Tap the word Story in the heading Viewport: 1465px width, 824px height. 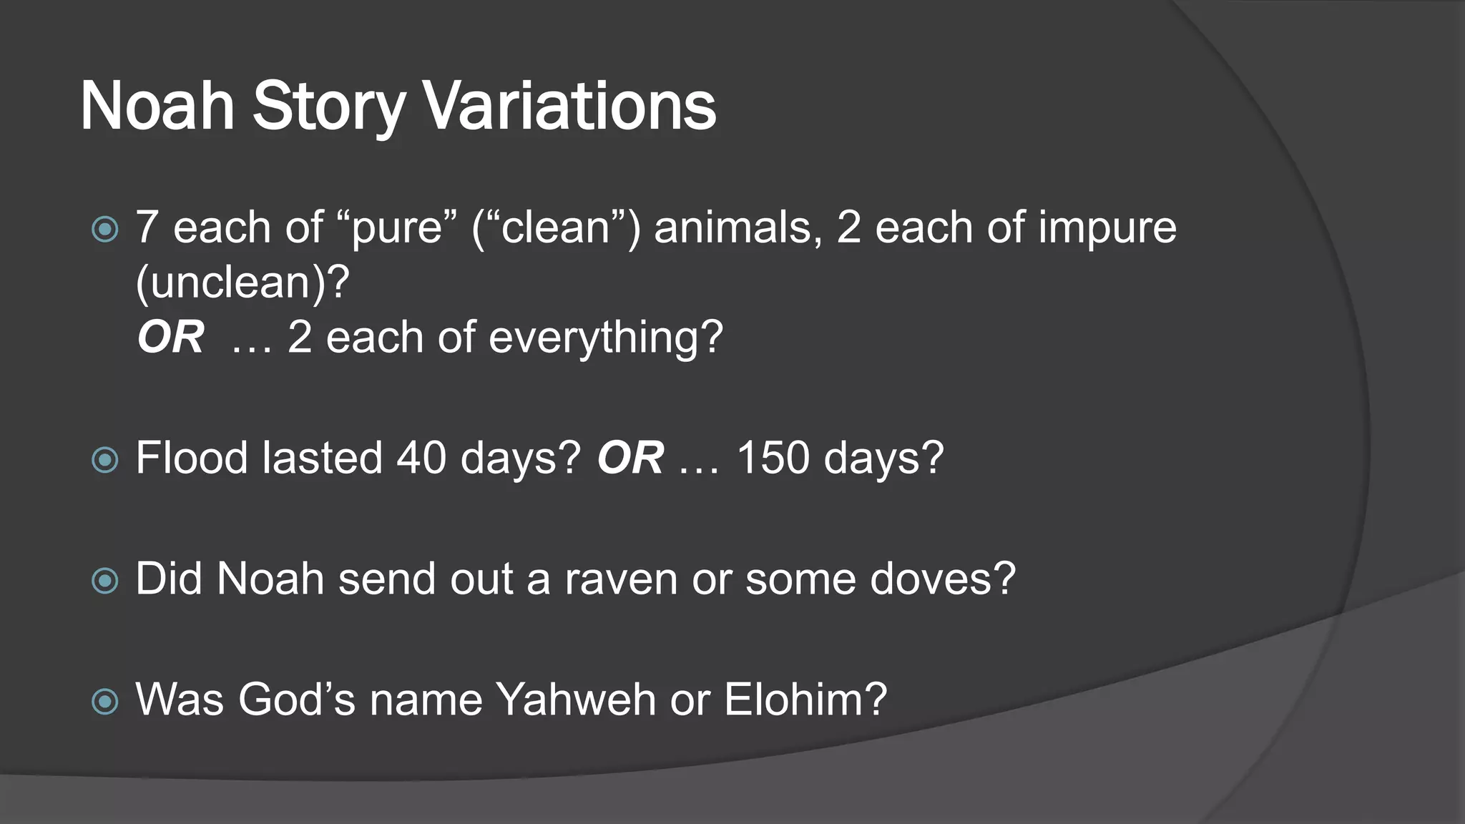pyautogui.click(x=328, y=106)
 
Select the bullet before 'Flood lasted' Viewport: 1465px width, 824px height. pyautogui.click(x=106, y=459)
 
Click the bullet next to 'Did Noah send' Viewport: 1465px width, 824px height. pyautogui.click(x=106, y=580)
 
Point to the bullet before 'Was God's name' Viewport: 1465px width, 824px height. pyautogui.click(x=106, y=701)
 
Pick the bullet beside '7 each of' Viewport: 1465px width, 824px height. pyautogui.click(x=106, y=229)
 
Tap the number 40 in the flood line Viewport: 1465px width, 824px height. pyautogui.click(x=421, y=458)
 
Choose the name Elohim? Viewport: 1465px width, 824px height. pyautogui.click(x=805, y=699)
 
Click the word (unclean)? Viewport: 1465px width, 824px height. pyautogui.click(x=242, y=283)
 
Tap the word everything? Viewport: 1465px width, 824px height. pyautogui.click(x=605, y=338)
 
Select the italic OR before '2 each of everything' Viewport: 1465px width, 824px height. pyautogui.click(x=171, y=338)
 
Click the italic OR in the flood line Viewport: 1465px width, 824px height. pyautogui.click(x=630, y=458)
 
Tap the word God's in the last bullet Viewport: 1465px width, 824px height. pyautogui.click(x=296, y=699)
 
